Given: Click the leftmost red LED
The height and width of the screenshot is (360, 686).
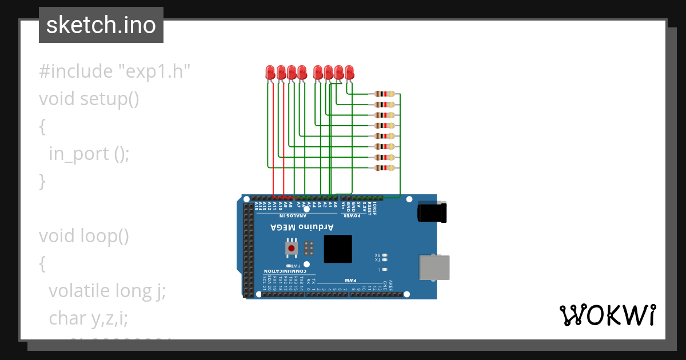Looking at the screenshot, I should pyautogui.click(x=270, y=72).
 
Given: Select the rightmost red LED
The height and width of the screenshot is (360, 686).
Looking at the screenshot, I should pyautogui.click(x=349, y=72).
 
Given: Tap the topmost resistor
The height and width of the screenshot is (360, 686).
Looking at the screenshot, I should pyautogui.click(x=384, y=94).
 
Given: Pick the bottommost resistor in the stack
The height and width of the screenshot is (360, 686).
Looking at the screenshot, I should pyautogui.click(x=384, y=167).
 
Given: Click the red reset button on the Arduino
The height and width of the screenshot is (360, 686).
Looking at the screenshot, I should pyautogui.click(x=292, y=248).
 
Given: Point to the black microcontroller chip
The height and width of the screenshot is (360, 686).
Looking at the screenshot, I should pyautogui.click(x=338, y=249).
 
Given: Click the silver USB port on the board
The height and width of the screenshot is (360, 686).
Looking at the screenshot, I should pyautogui.click(x=434, y=267).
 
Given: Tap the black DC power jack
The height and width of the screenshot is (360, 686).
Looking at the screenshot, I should pyautogui.click(x=432, y=212).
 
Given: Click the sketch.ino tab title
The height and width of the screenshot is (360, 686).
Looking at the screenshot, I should pyautogui.click(x=101, y=25).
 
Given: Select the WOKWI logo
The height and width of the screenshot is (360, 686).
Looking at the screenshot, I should pyautogui.click(x=607, y=315).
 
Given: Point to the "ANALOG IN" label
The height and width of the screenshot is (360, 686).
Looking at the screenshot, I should pyautogui.click(x=293, y=215).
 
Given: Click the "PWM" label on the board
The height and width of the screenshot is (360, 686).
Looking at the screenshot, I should pyautogui.click(x=350, y=280).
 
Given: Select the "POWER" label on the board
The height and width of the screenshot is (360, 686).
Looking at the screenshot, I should pyautogui.click(x=351, y=215).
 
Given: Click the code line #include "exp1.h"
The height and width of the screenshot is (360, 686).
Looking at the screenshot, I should pyautogui.click(x=114, y=71).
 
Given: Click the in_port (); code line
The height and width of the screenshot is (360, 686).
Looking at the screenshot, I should pyautogui.click(x=89, y=154).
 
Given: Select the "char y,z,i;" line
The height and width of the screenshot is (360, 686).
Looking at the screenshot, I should pyautogui.click(x=89, y=318).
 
